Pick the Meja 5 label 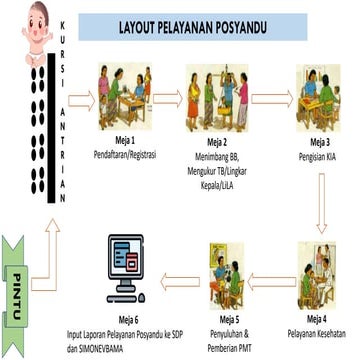coord(229,317)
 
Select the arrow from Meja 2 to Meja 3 coord(267,100)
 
